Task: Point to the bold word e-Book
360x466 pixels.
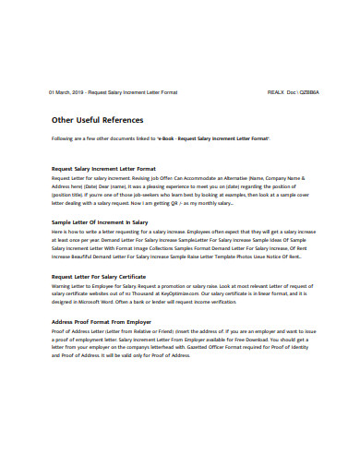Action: click(166, 138)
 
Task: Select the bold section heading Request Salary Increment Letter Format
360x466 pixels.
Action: click(103, 169)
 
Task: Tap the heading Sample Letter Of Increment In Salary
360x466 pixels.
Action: click(99, 222)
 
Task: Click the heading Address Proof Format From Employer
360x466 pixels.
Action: click(102, 321)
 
